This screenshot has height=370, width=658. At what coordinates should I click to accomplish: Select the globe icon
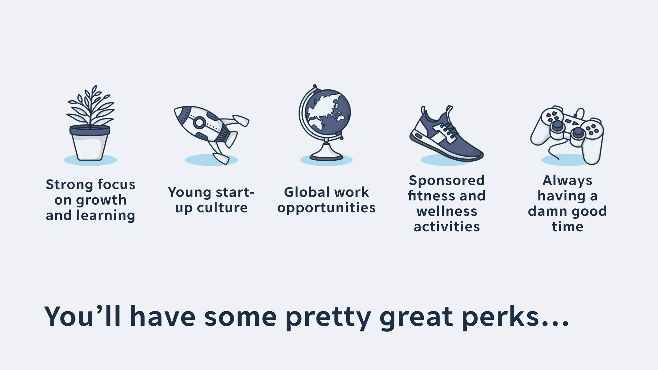pyautogui.click(x=325, y=122)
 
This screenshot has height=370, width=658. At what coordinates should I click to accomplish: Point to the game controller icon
pyautogui.click(x=567, y=133)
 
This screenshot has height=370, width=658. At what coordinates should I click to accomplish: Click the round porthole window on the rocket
pyautogui.click(x=199, y=122)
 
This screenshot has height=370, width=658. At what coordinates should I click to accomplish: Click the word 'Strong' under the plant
pyautogui.click(x=69, y=185)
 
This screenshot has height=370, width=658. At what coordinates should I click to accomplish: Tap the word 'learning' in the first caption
pyautogui.click(x=106, y=216)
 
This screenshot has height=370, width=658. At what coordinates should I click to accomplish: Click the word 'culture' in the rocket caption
pyautogui.click(x=222, y=208)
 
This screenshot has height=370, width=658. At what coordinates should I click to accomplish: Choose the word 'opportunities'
pyautogui.click(x=326, y=208)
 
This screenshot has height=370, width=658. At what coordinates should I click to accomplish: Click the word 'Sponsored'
pyautogui.click(x=447, y=181)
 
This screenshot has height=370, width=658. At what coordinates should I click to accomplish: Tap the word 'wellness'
pyautogui.click(x=447, y=212)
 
